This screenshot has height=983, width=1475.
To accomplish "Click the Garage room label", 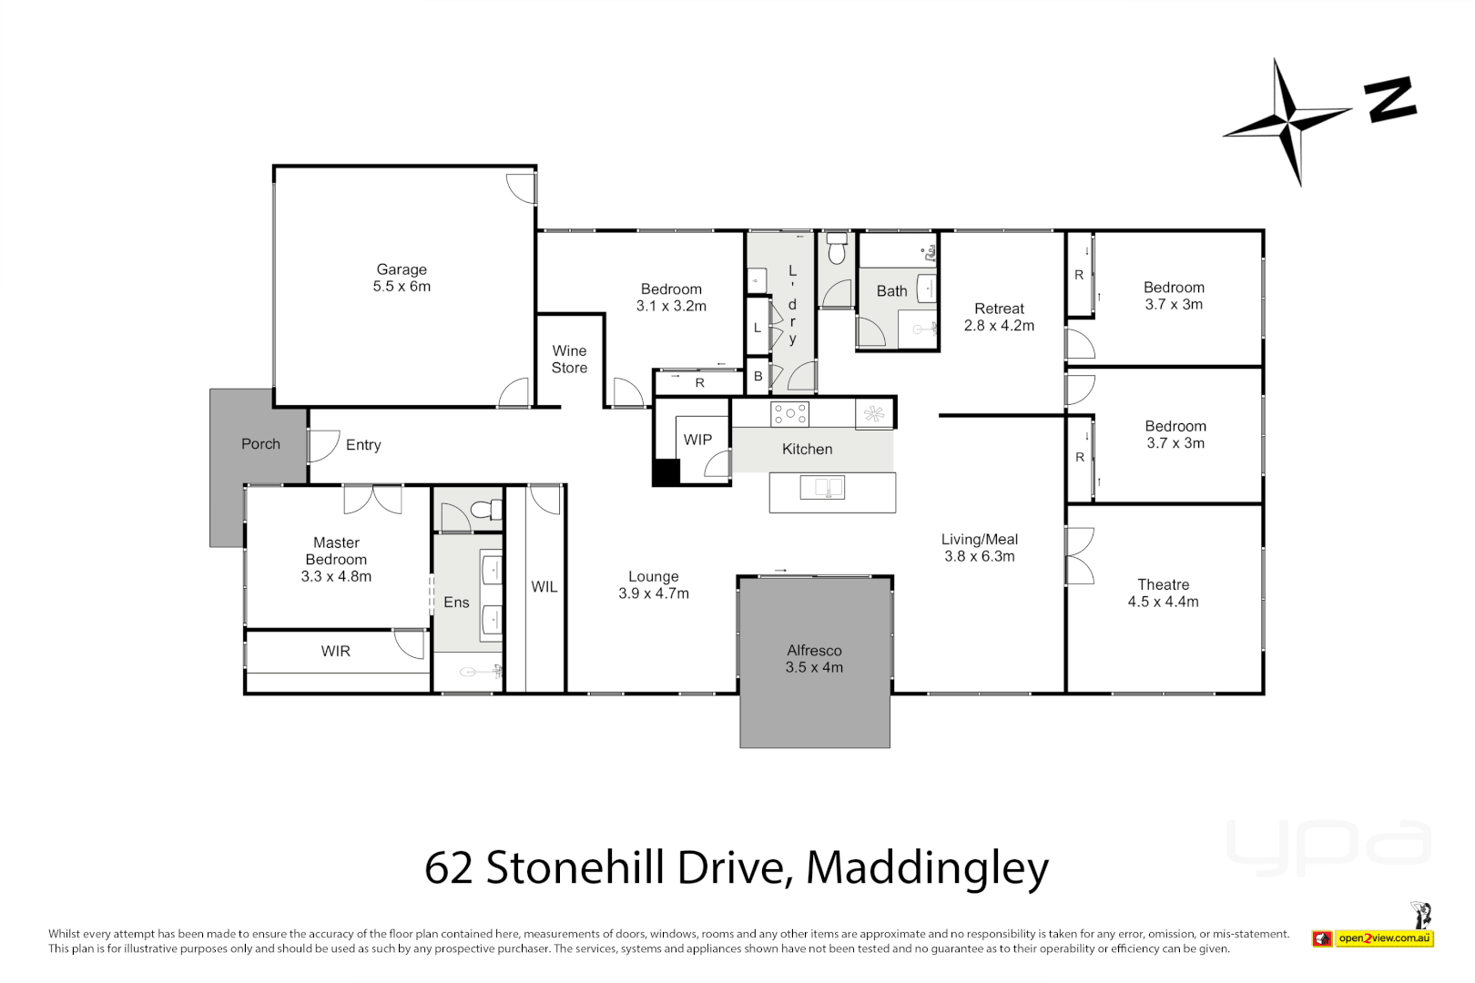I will (402, 270).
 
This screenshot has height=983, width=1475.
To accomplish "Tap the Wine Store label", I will (569, 360).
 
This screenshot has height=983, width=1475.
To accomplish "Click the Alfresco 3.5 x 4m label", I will (814, 659).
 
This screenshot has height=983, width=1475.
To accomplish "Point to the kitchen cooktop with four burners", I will (789, 414).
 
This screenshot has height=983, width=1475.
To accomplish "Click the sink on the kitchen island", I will (822, 488).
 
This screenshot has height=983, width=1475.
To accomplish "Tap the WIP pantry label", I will (697, 440).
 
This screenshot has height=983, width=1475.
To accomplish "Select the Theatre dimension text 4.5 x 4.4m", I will (1163, 602).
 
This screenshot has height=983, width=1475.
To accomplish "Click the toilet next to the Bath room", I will (837, 249).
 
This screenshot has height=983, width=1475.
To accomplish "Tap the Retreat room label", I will (999, 309).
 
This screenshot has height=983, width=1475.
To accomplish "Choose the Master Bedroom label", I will (336, 551).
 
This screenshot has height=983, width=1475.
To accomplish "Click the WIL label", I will (544, 587).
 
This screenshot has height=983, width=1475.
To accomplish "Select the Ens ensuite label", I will (456, 603).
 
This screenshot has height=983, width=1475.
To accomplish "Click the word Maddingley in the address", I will (927, 867).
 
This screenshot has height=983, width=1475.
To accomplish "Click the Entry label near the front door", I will (363, 445).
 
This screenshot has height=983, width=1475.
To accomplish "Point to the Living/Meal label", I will (979, 540).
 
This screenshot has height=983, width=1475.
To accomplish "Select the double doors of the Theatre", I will (1079, 555).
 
